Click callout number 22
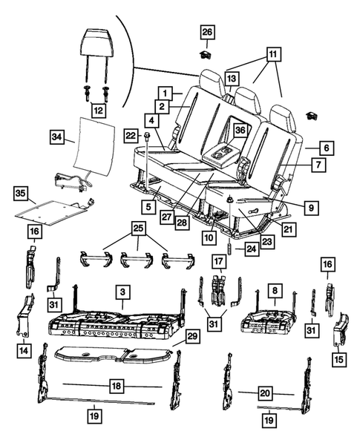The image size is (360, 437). pos(131,135)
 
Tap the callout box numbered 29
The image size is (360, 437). pos(193,338)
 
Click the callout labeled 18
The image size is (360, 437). pos(115,386)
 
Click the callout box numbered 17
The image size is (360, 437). pos(218,261)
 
